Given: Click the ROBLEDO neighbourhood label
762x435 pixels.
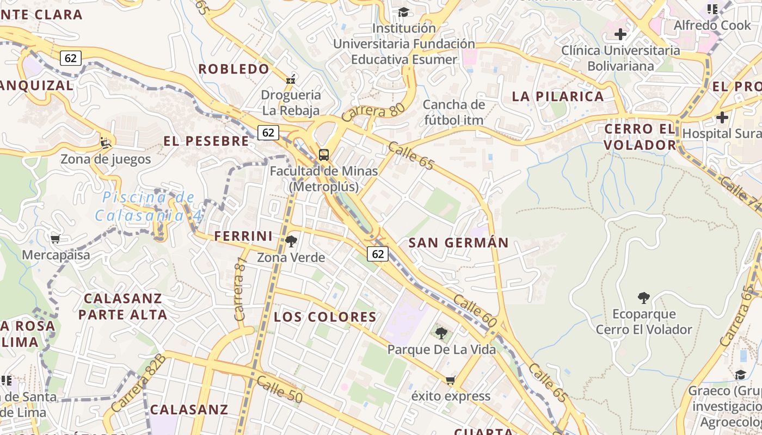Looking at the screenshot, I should point(234,69).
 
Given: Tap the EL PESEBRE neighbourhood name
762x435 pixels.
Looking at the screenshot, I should point(206,141).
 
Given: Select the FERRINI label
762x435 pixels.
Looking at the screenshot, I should point(243,236).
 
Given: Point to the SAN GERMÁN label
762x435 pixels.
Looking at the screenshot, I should point(458,243).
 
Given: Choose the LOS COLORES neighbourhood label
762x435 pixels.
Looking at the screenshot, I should point(325,317).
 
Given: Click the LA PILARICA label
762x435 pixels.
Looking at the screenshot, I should point(558,96).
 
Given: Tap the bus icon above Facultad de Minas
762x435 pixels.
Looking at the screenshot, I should point(324,155).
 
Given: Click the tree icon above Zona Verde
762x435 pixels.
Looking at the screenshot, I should point(291,241).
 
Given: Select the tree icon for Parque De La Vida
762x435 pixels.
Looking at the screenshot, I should point(441,333).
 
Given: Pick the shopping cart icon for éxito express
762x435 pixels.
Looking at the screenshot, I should point(450,380).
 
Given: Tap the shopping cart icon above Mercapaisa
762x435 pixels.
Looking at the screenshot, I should point(56,239).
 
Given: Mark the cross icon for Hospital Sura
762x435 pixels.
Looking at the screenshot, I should point(722,117).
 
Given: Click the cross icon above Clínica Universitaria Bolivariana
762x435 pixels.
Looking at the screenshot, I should point(620,34).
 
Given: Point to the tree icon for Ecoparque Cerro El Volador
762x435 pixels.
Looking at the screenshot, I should point(644,297).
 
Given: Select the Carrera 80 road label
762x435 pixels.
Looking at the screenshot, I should point(373,112).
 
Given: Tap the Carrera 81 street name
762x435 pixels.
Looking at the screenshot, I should point(240,288).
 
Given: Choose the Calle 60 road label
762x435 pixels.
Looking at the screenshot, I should point(475,311).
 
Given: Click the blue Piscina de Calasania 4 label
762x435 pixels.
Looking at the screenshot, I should point(148,206).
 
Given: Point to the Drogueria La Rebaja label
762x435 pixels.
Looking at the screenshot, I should point(291,102).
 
